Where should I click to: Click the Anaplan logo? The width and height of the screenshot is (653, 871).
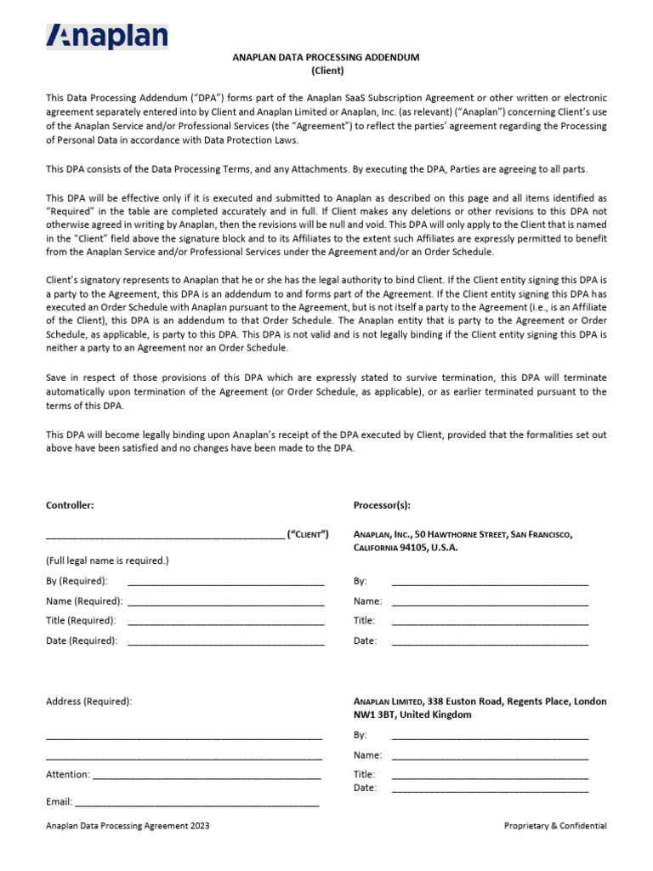point(106,36)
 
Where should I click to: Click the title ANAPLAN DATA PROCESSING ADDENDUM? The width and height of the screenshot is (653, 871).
point(326,57)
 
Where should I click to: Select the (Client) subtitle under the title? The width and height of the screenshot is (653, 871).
point(326,71)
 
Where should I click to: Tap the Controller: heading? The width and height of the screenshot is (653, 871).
point(70,505)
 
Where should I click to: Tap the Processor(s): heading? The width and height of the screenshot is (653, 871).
point(382,505)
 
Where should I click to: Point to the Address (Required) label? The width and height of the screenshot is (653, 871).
point(88,702)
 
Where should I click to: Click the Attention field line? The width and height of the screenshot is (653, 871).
point(206,777)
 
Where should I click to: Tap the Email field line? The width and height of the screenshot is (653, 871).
point(197,803)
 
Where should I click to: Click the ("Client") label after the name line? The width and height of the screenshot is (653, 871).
point(308,534)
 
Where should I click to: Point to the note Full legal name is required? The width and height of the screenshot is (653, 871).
point(107,561)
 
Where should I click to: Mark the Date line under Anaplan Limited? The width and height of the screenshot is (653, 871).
point(489,790)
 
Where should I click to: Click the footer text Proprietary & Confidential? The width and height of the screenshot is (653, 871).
point(555,826)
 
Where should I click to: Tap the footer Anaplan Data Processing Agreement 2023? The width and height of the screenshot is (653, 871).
point(128,826)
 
